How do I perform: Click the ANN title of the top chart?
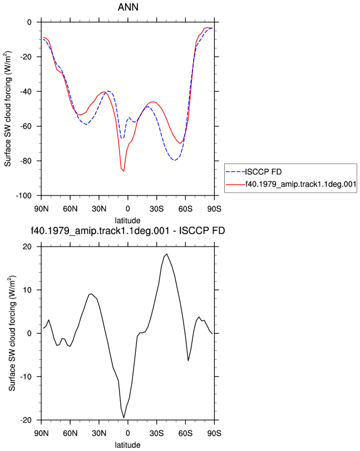pyautogui.click(x=128, y=7)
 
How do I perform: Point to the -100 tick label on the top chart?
pyautogui.click(x=23, y=196)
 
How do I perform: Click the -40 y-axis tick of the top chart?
pyautogui.click(x=26, y=91)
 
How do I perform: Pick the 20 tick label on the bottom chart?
pyautogui.click(x=27, y=247)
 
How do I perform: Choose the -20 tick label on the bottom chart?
pyautogui.click(x=26, y=420)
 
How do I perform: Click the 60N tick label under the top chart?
pyautogui.click(x=70, y=209)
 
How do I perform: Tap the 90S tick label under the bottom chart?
pyautogui.click(x=214, y=433)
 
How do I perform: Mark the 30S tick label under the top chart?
pyautogui.click(x=156, y=209)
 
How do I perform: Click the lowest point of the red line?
pyautogui.click(x=124, y=171)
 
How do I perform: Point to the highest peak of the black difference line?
pyautogui.click(x=166, y=254)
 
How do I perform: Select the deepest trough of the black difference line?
pyautogui.click(x=124, y=418)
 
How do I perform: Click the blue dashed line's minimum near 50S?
pyautogui.click(x=174, y=160)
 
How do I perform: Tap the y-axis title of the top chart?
pyautogui.click(x=8, y=109)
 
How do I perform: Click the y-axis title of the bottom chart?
pyautogui.click(x=12, y=334)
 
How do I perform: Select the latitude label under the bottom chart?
pyautogui.click(x=127, y=445)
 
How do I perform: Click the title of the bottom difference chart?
pyautogui.click(x=127, y=231)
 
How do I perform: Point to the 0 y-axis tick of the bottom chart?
pyautogui.click(x=29, y=334)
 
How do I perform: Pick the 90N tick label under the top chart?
pyautogui.click(x=41, y=209)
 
